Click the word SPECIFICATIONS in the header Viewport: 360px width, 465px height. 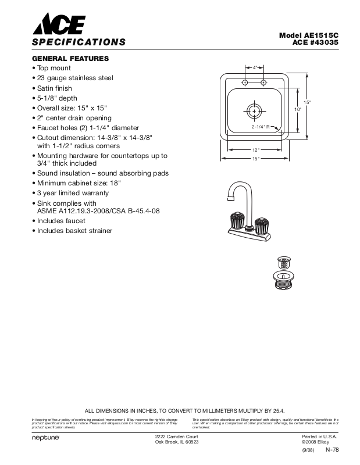click(79, 42)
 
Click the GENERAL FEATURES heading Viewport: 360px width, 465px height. click(70, 59)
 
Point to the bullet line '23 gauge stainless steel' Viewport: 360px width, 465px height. click(74, 78)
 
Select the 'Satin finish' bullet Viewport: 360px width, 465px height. click(58, 88)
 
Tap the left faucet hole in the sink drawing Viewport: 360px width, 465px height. click(245, 84)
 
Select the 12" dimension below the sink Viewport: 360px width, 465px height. click(255, 150)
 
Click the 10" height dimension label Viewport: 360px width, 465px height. click(297, 109)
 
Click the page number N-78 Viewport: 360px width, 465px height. click(332, 450)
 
